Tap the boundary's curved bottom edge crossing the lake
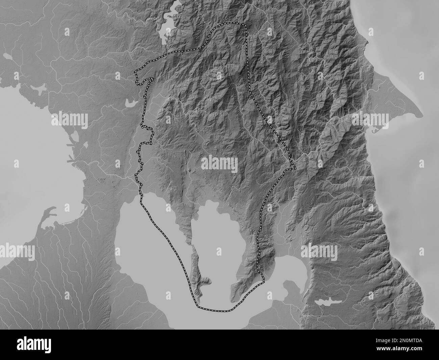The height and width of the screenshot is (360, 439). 216,310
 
